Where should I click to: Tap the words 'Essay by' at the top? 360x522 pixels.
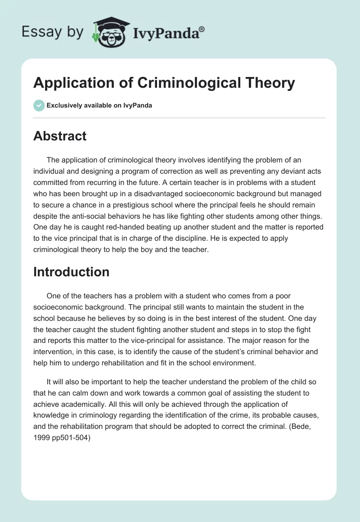[53, 31]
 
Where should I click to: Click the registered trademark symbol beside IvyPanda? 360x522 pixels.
[202, 29]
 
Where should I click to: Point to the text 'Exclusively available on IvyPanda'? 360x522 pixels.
[99, 105]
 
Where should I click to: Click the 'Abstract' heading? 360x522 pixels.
[60, 136]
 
